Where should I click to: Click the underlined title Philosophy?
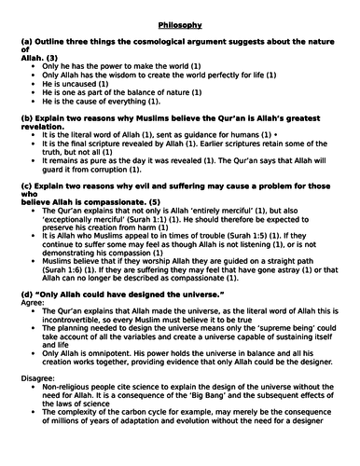click(x=179, y=14)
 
